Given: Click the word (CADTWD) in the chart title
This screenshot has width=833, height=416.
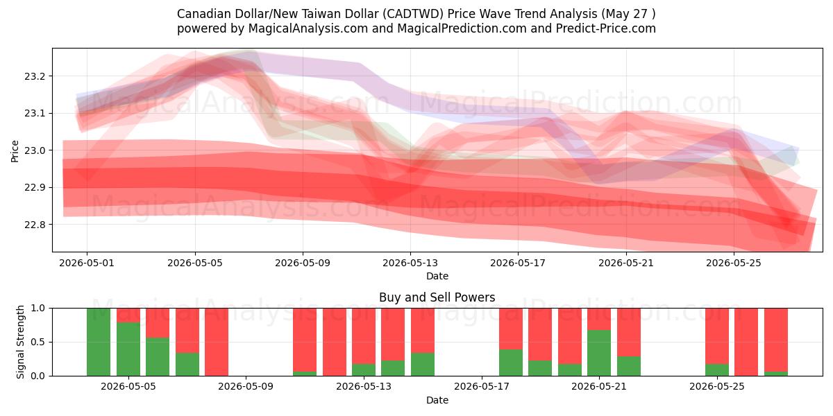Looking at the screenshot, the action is (x=413, y=14).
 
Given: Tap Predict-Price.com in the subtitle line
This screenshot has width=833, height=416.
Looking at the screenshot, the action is (x=606, y=28).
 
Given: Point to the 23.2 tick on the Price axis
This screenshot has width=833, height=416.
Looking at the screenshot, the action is (x=34, y=76).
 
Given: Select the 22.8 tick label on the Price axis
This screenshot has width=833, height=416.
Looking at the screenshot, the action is (x=34, y=225).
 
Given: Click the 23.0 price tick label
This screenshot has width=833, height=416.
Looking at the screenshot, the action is (x=34, y=150).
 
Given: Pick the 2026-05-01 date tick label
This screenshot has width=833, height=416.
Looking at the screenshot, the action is (x=87, y=263).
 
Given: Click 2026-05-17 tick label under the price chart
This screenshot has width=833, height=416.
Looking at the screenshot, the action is (x=518, y=263).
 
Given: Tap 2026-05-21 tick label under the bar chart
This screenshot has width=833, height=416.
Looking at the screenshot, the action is (x=599, y=387).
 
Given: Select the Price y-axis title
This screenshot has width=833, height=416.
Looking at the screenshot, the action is (x=15, y=151).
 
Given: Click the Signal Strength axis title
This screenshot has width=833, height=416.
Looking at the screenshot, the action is (x=20, y=342).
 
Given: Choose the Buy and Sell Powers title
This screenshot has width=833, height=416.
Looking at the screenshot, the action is (x=437, y=297).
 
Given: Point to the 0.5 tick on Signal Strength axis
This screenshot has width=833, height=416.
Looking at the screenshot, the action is (x=37, y=342).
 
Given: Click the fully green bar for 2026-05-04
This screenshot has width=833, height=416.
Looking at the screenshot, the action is (x=99, y=342).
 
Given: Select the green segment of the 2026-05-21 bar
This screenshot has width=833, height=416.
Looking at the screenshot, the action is (x=599, y=353).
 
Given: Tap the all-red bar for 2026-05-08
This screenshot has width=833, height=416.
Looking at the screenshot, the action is (x=217, y=342).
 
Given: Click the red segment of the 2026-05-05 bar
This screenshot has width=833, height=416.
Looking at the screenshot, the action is (x=128, y=315).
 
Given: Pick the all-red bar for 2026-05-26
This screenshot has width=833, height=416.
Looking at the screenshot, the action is (x=746, y=342).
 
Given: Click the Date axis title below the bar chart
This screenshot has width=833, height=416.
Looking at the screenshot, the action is (x=437, y=400).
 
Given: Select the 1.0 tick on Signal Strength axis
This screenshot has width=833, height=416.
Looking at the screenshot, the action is (x=37, y=309).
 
